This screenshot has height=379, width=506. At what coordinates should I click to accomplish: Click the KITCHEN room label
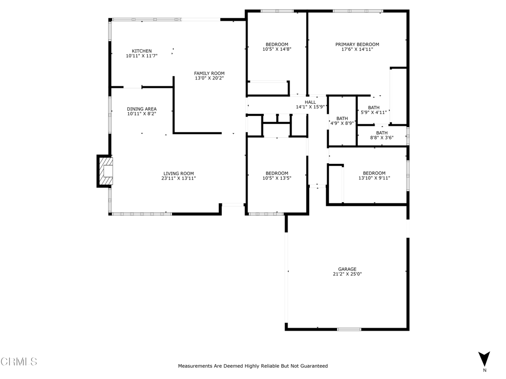(142, 51)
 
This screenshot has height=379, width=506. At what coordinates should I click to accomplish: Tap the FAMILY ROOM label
(209, 73)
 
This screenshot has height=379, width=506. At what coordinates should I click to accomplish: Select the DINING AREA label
(142, 109)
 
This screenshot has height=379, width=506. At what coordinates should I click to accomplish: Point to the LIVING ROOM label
(178, 173)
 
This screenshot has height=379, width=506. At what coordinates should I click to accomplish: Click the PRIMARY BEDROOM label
(357, 44)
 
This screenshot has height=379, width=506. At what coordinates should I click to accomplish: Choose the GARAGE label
(347, 269)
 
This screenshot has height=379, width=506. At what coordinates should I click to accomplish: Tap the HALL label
(310, 102)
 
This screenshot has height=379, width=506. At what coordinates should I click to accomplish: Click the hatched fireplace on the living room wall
(105, 171)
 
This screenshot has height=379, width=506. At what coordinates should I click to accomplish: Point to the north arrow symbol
(484, 359)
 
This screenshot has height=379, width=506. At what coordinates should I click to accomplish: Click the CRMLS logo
(19, 362)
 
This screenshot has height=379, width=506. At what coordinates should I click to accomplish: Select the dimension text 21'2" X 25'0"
(347, 274)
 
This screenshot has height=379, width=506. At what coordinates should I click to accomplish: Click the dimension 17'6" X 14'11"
(357, 49)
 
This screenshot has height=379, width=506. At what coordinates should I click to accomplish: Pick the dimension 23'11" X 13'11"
(178, 178)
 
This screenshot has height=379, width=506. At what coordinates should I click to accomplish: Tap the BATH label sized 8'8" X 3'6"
(382, 133)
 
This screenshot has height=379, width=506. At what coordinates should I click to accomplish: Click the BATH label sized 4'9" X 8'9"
(342, 118)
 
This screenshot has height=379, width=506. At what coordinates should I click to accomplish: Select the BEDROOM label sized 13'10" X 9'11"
(375, 173)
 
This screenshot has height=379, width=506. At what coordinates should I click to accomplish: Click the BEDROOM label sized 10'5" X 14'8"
(277, 44)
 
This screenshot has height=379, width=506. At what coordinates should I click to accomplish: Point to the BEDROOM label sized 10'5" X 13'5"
(277, 173)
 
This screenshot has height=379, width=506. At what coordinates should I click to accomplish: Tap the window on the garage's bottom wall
(349, 329)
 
